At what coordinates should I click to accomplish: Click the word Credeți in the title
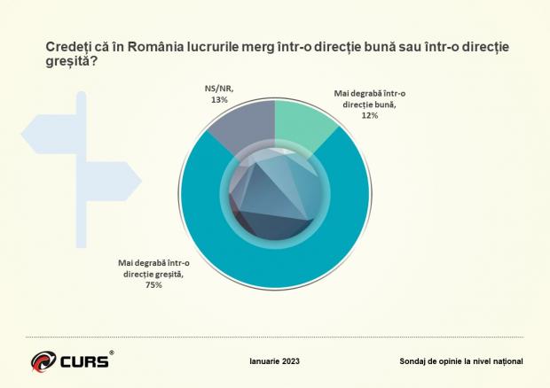[x=59, y=46]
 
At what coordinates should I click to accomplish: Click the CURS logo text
[x=84, y=361]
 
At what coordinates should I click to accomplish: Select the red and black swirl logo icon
[x=43, y=362]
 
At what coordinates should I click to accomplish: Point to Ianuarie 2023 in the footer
[x=275, y=361]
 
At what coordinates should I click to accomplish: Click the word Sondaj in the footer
[x=415, y=361]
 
